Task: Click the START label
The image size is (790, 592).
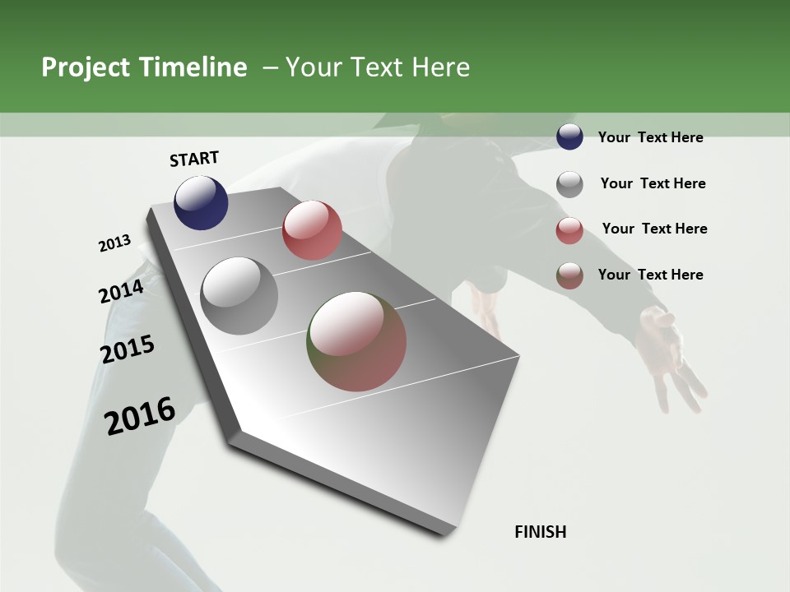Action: tap(194, 159)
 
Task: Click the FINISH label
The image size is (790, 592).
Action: tap(541, 532)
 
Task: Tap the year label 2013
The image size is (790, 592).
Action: tap(114, 243)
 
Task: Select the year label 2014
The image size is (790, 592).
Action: tap(121, 292)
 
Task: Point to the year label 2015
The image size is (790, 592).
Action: tap(128, 349)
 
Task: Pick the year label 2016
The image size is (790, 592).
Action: tap(140, 416)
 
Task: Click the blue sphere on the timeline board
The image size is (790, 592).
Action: tap(201, 202)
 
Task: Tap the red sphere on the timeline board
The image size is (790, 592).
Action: tap(312, 230)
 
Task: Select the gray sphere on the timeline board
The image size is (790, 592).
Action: tap(239, 296)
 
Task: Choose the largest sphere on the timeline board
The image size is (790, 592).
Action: tap(357, 341)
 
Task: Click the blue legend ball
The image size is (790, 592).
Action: tap(569, 137)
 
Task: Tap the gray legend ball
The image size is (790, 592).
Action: tap(569, 184)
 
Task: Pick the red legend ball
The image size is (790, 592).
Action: tap(569, 229)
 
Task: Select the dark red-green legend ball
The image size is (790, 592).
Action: tap(569, 275)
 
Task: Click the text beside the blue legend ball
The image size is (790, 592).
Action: tap(650, 137)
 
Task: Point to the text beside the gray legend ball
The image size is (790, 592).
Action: tap(653, 183)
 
